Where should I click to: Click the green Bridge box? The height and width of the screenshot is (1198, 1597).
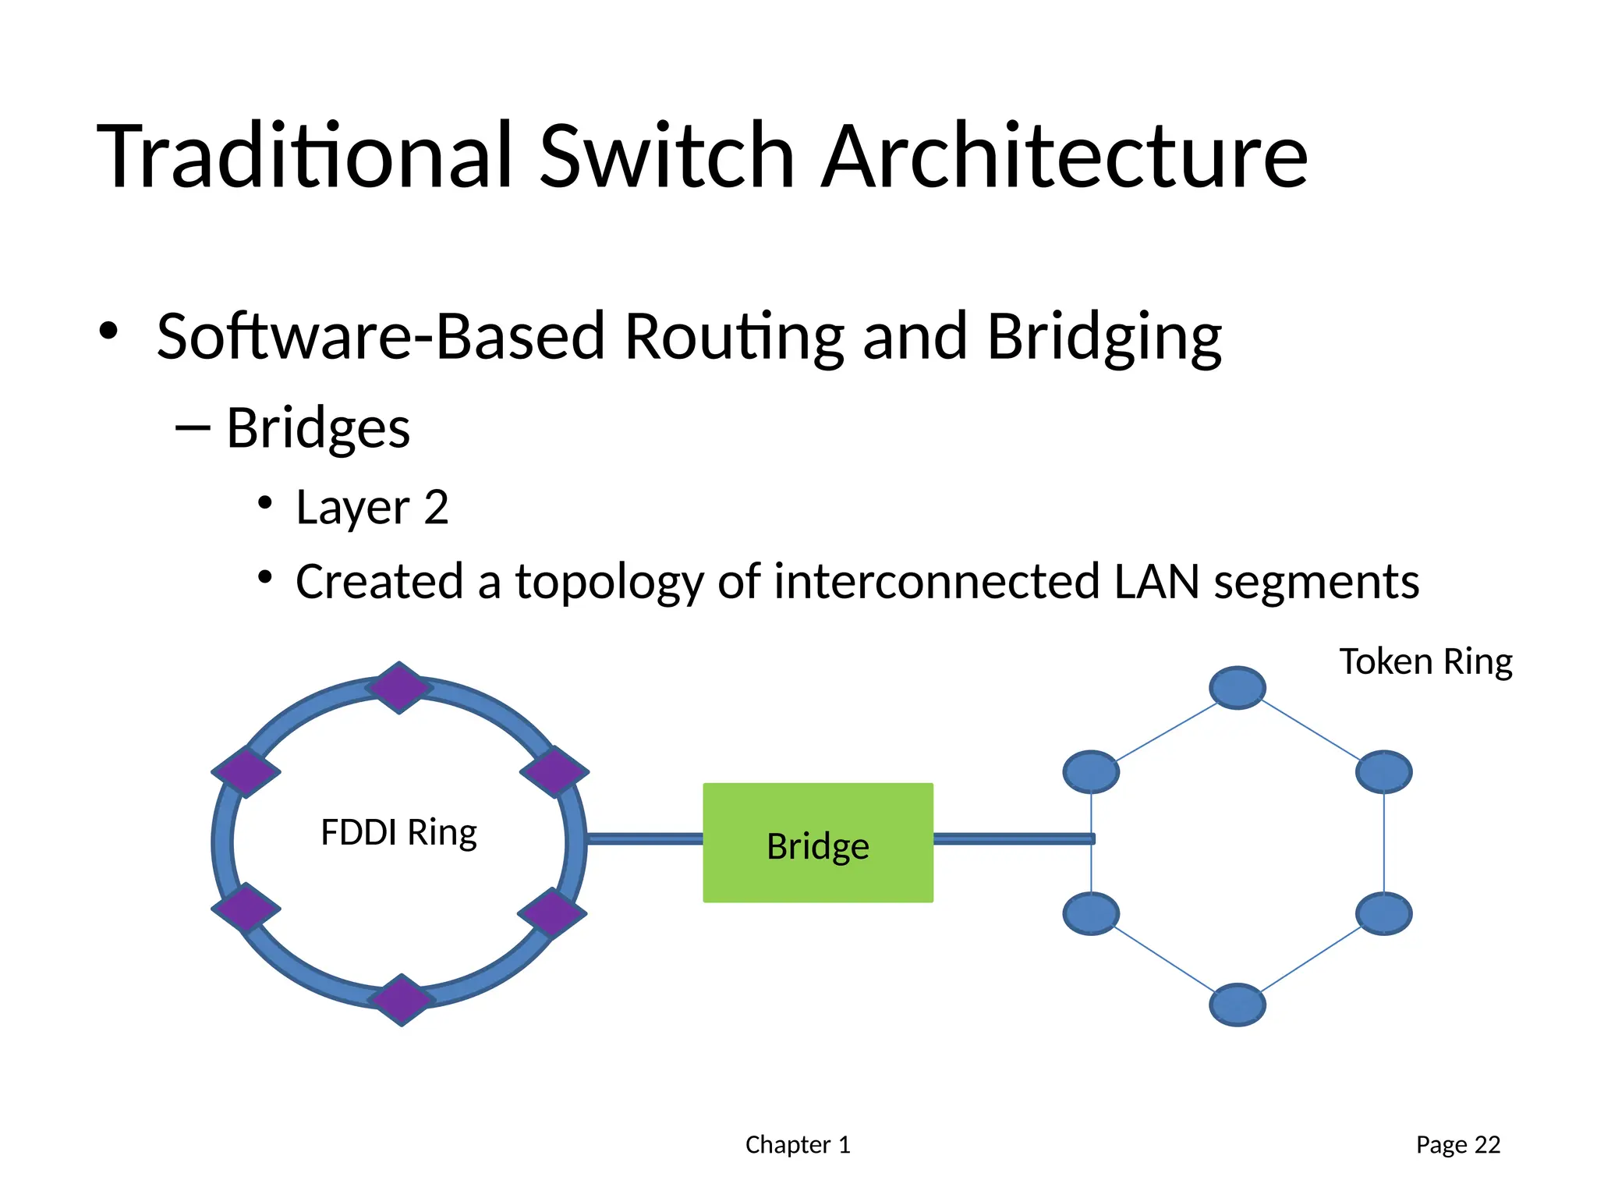point(817,842)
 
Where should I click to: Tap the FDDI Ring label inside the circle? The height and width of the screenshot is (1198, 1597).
point(398,832)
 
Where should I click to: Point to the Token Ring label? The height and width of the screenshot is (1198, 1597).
point(1425,661)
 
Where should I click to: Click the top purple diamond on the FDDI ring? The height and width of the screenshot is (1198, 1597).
point(399,688)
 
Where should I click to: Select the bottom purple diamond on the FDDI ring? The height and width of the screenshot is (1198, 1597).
point(401,1000)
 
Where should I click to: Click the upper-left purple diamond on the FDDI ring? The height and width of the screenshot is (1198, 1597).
point(246,772)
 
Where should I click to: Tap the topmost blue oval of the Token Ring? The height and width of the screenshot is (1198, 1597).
point(1238,688)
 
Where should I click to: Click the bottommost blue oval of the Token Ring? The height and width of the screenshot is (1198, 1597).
point(1238,1005)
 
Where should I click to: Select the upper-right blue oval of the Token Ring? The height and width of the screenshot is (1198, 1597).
point(1383,772)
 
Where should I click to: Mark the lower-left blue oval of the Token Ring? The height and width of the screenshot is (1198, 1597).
point(1091,913)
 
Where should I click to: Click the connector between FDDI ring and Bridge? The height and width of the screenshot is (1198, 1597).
point(644,838)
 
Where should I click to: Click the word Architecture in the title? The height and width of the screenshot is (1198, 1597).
point(1064,156)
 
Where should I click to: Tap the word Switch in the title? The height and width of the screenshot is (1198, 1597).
point(667,156)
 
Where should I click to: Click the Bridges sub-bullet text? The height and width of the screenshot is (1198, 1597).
point(317,428)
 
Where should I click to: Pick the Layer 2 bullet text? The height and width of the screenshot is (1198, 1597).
point(372,508)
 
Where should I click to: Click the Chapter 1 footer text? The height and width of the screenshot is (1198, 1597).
point(797,1144)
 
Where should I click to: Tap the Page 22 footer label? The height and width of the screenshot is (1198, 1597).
point(1457,1144)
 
